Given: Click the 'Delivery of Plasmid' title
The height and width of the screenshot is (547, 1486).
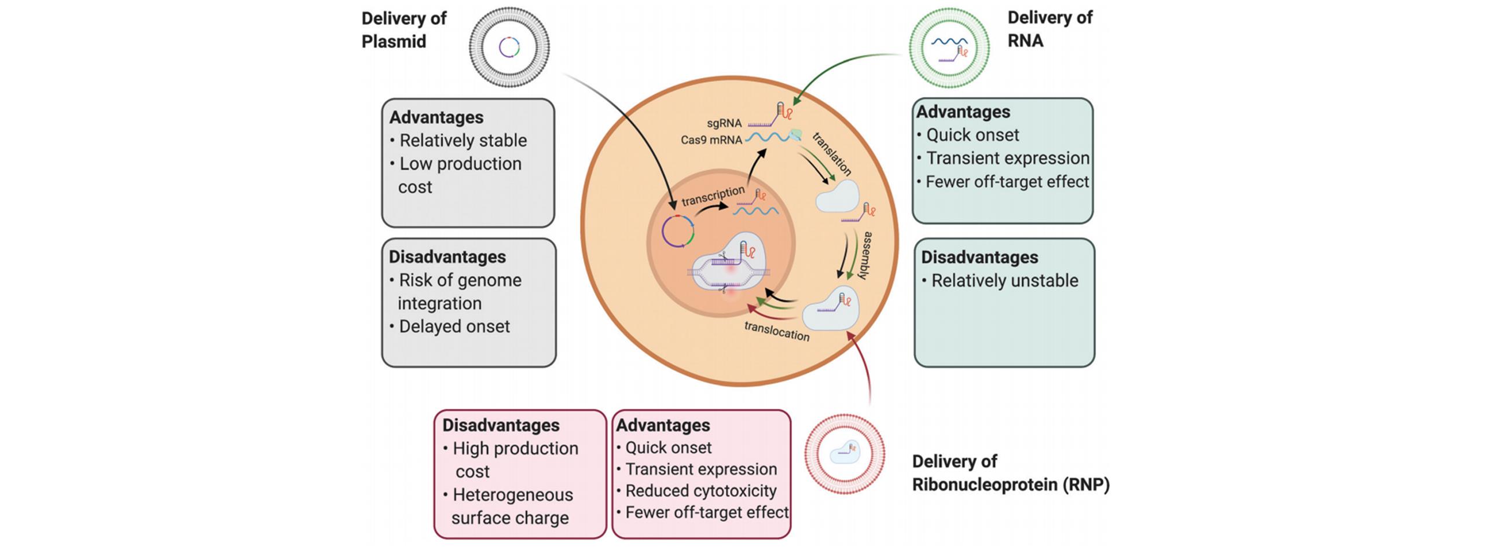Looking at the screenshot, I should pos(403,30).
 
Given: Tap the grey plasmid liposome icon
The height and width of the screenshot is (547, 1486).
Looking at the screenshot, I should pos(509,47).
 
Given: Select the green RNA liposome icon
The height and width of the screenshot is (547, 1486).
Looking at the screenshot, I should pos(949,48).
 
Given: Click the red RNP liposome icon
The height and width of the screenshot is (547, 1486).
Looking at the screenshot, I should pos(845,453).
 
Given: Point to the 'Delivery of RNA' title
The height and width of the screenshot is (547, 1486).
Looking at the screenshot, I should pos(1050,29).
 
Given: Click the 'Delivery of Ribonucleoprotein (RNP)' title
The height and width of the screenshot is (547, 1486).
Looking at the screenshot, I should pos(1010,473).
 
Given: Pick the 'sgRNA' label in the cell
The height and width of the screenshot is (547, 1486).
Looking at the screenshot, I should pos(724,123).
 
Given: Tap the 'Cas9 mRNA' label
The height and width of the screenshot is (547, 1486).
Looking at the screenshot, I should pos(711,140).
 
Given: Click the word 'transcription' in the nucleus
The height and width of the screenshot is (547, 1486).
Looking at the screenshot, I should pos(713,196).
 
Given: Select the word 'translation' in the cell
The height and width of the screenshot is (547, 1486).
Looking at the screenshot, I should pos(831,154).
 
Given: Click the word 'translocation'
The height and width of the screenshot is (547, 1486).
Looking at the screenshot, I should pos(776,331).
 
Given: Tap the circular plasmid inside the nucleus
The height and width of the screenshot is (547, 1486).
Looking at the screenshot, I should pos(678,232).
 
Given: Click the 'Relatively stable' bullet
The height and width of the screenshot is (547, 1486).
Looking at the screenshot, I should pos(463,141).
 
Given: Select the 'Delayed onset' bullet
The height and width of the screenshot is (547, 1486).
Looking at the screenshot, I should pos(454,326).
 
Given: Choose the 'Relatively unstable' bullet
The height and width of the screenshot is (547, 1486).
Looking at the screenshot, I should pos(1004,281).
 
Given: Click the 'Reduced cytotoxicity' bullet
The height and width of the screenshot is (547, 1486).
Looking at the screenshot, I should pos(700,491).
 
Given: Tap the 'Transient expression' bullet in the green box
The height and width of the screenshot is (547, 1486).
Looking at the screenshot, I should pos(1007,158).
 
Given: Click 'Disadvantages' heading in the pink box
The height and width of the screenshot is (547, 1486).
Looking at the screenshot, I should pos(501,425).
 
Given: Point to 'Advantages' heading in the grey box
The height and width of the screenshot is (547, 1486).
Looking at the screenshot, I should pos(436,118).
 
